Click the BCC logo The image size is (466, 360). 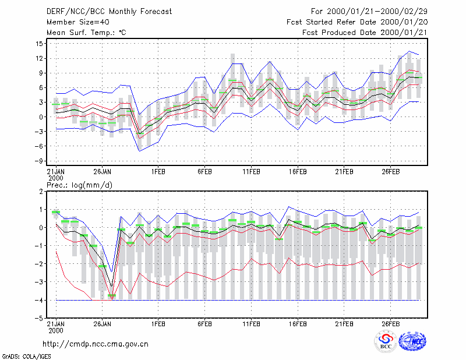click(x=386, y=341)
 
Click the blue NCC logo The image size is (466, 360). click(x=412, y=341)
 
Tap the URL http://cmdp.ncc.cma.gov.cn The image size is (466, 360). click(x=96, y=344)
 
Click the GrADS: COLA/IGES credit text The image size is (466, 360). click(x=26, y=357)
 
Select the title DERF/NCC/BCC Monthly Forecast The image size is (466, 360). click(x=109, y=12)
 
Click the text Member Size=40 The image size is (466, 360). click(x=78, y=22)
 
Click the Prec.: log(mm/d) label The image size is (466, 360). click(x=79, y=185)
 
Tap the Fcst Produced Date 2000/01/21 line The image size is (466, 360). click(x=365, y=33)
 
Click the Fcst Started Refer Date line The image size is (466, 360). click(x=357, y=22)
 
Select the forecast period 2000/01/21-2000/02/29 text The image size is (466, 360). click(x=377, y=12)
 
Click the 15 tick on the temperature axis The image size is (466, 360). click(x=39, y=44)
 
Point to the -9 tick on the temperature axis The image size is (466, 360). click(x=39, y=161)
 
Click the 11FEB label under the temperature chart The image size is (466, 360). click(x=252, y=172)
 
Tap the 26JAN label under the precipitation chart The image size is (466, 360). click(x=103, y=324)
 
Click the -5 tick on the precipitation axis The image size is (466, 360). click(x=39, y=318)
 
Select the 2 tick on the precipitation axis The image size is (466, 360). click(x=41, y=192)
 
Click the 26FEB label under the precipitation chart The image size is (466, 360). click(x=390, y=324)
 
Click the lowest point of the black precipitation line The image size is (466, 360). click(x=112, y=287)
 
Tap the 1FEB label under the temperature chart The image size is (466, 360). click(x=158, y=172)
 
